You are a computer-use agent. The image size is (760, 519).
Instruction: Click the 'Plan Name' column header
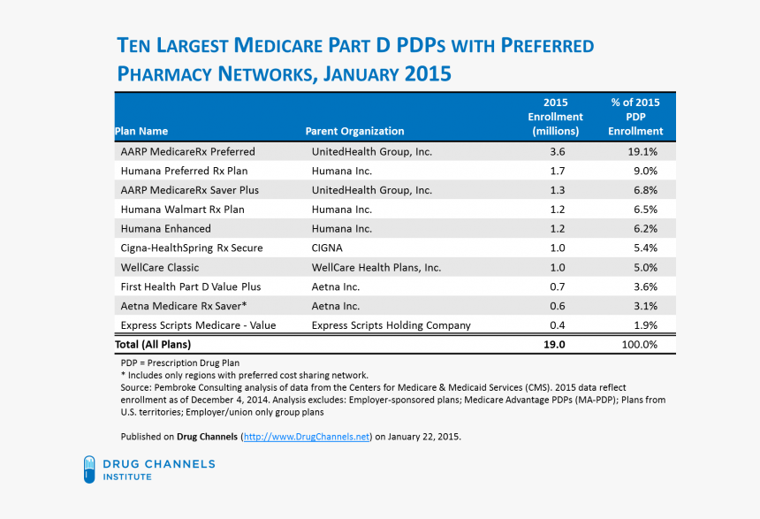(141, 132)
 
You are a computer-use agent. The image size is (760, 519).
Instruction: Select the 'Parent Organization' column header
(354, 132)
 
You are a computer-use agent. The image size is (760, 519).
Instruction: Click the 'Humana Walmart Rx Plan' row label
(183, 210)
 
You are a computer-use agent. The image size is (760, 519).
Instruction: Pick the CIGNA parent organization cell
(327, 248)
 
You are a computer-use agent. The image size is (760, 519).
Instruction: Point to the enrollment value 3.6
(557, 152)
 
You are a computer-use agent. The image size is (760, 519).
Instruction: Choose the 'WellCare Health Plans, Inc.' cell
(376, 267)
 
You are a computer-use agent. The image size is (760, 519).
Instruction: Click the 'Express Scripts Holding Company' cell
(391, 325)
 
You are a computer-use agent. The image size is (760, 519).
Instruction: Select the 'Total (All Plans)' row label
(153, 344)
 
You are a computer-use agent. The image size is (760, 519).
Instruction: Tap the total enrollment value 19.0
(555, 344)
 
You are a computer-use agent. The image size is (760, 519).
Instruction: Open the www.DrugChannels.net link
(306, 437)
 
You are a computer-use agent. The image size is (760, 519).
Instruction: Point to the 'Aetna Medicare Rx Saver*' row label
(184, 306)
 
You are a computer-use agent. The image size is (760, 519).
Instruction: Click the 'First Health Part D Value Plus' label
(190, 286)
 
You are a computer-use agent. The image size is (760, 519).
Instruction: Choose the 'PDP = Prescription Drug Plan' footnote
(179, 363)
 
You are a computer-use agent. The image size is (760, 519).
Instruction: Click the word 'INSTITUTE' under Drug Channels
(127, 477)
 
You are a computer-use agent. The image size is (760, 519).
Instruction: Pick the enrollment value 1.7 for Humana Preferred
(557, 172)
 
